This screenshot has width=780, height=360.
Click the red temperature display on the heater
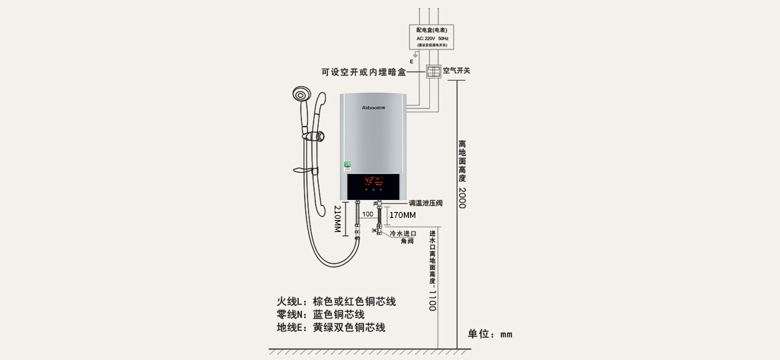coord(373,180)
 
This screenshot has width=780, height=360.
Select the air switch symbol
coord(434,71)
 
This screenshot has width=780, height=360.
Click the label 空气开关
coord(457,71)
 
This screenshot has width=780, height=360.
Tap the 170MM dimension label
coord(403,215)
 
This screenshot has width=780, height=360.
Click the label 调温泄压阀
coord(426,203)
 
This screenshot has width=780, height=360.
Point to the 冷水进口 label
coord(403,234)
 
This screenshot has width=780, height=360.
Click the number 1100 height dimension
coord(432,300)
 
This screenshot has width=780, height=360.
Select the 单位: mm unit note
coord(490,334)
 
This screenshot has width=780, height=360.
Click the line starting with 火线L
coord(337,302)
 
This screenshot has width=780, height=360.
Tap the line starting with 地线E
coord(331,328)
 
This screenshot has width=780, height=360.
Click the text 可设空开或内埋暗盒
coord(363,72)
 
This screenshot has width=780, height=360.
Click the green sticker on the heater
coord(347,164)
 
